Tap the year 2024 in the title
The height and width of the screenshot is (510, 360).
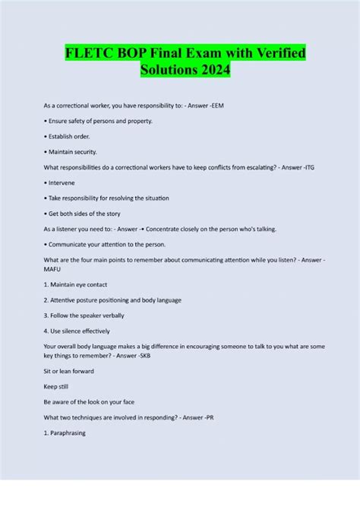[211, 71]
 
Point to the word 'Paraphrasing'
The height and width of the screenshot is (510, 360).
[69, 433]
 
